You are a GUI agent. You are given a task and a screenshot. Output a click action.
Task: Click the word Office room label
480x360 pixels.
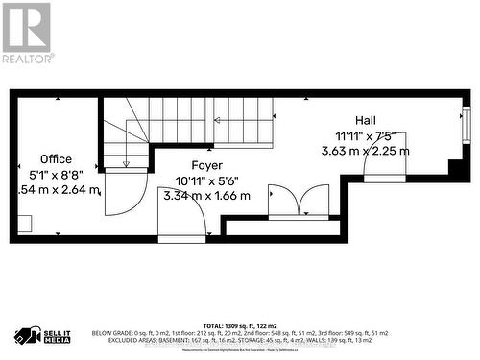pyautogui.click(x=55, y=158)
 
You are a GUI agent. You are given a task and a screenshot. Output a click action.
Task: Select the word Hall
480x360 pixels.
pyautogui.click(x=365, y=120)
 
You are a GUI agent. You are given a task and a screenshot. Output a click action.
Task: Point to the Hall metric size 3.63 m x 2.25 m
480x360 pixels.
pyautogui.click(x=365, y=151)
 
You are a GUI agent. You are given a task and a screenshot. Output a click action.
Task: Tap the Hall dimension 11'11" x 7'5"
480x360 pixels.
pyautogui.click(x=365, y=135)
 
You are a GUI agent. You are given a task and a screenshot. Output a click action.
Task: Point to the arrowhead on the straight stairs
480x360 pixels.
pyautogui.click(x=218, y=120)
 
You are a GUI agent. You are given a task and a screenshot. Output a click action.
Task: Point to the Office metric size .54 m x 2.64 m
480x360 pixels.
pyautogui.click(x=58, y=189)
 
